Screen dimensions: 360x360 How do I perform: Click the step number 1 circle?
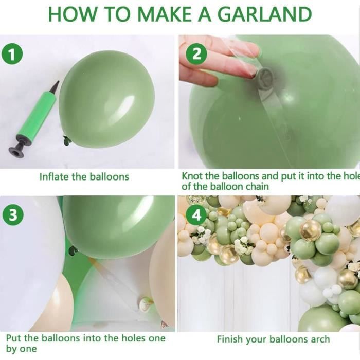coord(12,55)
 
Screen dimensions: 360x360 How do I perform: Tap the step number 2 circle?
coord(196,55)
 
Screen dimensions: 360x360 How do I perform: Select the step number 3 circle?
coord(13,215)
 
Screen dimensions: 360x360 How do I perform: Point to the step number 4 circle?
coord(196,216)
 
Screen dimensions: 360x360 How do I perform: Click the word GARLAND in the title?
coord(264,14)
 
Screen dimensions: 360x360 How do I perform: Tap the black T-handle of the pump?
coord(17,149)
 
